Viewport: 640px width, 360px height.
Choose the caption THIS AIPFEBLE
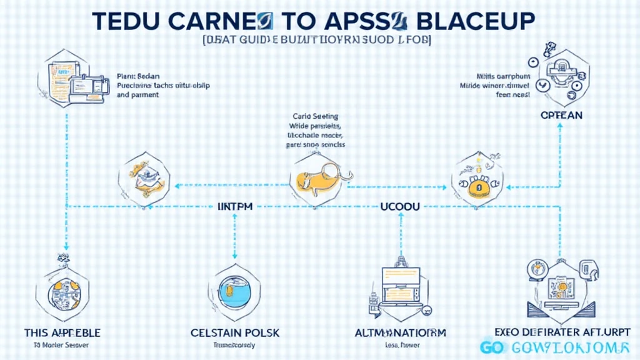tap(62, 332)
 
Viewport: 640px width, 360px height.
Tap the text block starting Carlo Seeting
tap(318, 130)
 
